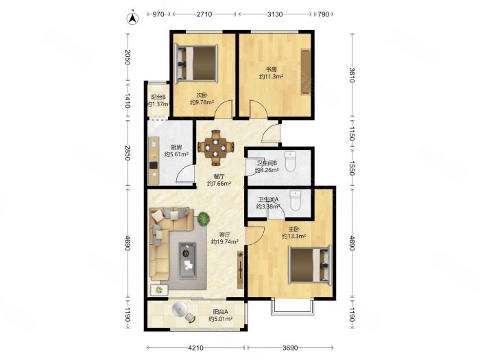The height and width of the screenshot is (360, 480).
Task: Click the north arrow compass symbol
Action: click(x=132, y=18)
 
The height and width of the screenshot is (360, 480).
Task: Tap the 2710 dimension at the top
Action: click(x=204, y=14)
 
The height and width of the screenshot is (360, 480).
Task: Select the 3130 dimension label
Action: click(x=275, y=14)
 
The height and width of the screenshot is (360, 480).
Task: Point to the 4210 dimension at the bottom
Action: click(x=195, y=348)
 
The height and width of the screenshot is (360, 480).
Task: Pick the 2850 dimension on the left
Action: click(x=128, y=153)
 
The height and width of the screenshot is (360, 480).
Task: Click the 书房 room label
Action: click(x=271, y=69)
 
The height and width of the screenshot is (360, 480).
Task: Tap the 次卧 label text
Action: click(x=202, y=95)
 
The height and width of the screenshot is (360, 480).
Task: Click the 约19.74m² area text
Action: click(x=224, y=242)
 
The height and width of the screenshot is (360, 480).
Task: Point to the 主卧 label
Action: click(x=294, y=229)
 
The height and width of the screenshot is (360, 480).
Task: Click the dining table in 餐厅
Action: click(x=216, y=147)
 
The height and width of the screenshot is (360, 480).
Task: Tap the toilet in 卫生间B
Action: click(x=290, y=161)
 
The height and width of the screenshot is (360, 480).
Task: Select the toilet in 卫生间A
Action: click(x=296, y=200)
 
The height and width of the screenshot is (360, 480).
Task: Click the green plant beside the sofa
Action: click(x=203, y=219)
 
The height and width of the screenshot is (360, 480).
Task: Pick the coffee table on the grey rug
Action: click(x=187, y=260)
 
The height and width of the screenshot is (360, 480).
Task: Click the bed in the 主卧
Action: click(x=310, y=265)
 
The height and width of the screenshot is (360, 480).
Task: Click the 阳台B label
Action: click(x=158, y=97)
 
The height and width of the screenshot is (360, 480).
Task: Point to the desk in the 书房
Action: click(x=306, y=71)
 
